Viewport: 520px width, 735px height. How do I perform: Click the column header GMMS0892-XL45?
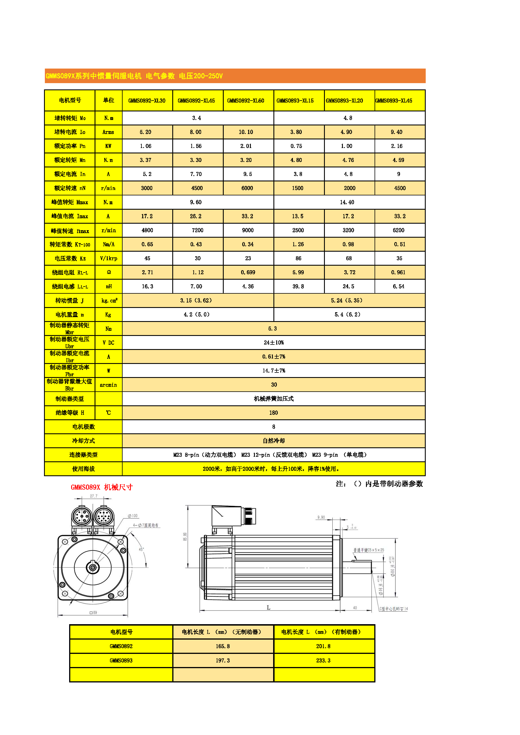point(196,101)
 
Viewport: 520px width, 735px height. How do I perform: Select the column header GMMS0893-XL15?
point(295,101)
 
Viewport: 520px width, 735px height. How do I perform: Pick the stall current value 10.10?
point(246,132)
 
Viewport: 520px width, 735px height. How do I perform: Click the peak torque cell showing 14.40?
point(347,202)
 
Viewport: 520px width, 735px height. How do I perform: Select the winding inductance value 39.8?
point(298,287)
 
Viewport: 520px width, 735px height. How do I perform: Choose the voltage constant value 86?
point(298,258)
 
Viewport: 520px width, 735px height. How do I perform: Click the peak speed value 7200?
point(197,230)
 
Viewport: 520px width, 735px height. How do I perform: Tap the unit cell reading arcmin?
point(108,385)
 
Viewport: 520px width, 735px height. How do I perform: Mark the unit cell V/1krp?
point(109,258)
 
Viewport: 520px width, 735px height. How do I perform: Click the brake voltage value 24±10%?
point(273,343)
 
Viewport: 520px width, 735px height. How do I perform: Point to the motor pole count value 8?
point(273,427)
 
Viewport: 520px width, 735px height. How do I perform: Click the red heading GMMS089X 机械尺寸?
point(101,487)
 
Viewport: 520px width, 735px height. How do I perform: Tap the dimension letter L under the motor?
point(268,608)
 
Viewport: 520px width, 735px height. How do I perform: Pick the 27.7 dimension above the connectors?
point(93,496)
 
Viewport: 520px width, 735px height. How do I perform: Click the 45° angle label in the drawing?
point(141,549)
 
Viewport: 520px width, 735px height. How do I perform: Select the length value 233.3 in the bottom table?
point(323,660)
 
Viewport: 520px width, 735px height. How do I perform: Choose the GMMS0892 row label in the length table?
point(121,646)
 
